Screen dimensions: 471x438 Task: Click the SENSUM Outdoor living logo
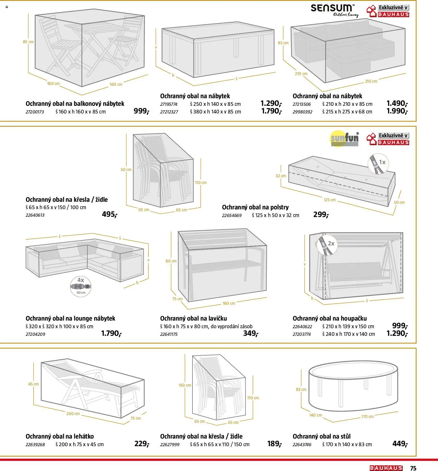(x=334, y=11)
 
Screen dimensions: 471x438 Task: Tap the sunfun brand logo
(x=344, y=139)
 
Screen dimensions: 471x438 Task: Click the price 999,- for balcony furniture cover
(x=141, y=111)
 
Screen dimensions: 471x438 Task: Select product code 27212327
(x=169, y=112)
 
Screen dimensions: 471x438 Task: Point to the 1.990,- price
(x=397, y=111)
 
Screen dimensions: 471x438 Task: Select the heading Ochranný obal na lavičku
(x=193, y=318)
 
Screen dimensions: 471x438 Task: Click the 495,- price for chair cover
(x=109, y=214)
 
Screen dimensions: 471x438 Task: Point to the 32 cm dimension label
(x=281, y=176)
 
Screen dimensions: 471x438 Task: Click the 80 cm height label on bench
(x=171, y=261)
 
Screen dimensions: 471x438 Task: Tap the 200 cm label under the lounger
(x=73, y=414)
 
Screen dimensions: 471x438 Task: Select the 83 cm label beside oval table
(x=301, y=389)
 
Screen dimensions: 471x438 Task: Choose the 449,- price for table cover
(x=400, y=444)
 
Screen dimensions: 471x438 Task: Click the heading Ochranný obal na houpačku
(x=329, y=318)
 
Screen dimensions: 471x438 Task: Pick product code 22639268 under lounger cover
(x=35, y=444)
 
